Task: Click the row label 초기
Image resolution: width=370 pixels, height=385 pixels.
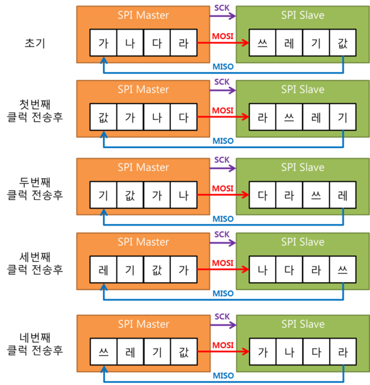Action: (x=35, y=43)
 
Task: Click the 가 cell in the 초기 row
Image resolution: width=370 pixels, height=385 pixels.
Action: (x=104, y=42)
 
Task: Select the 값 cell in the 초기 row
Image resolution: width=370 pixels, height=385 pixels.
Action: (x=343, y=42)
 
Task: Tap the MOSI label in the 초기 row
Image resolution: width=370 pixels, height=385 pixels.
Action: (x=223, y=36)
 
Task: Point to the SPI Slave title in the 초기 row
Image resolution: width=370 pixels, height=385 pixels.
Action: (x=303, y=15)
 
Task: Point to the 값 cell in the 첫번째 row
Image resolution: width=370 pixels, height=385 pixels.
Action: (x=104, y=117)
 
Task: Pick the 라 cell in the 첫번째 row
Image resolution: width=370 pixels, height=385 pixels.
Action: (x=262, y=117)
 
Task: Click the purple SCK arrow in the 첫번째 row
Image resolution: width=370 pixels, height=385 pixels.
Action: (x=223, y=90)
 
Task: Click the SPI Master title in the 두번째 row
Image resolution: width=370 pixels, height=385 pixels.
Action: (x=143, y=168)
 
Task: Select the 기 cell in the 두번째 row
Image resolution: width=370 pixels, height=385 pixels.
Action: (x=104, y=195)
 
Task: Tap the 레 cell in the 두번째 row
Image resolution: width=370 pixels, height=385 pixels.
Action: (x=343, y=195)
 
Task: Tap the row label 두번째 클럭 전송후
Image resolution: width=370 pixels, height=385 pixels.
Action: (x=35, y=188)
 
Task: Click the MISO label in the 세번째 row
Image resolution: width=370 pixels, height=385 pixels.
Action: (x=223, y=293)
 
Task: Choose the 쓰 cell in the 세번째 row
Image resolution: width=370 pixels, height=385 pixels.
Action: (x=343, y=270)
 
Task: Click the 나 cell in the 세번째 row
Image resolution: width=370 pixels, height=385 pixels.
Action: (x=262, y=270)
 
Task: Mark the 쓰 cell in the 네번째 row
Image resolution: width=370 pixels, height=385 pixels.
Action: (x=104, y=352)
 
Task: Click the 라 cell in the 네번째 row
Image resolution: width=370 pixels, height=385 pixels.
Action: (x=343, y=352)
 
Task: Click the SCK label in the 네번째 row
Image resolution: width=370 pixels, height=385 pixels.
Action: (x=222, y=316)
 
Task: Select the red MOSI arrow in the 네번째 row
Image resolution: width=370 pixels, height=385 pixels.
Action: (x=223, y=351)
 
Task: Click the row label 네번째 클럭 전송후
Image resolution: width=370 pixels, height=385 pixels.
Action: (x=35, y=344)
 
